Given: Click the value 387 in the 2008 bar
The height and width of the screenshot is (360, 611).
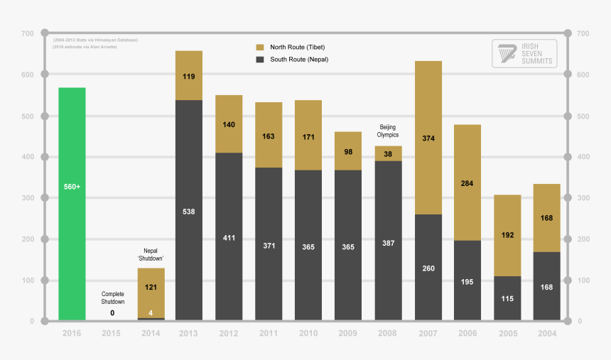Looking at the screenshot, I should coord(388,243).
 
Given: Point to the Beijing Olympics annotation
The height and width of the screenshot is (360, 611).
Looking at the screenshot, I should coord(388,131).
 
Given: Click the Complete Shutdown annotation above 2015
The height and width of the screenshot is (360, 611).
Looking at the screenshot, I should coord(112,298).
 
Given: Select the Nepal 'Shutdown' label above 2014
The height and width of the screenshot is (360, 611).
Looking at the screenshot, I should coord(151,254).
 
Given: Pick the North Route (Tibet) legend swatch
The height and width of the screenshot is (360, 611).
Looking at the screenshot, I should coord(260,47).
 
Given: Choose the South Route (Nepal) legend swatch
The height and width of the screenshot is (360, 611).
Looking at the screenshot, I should coord(260,60).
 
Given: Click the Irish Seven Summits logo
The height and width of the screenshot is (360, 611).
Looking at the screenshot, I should coord(524,53).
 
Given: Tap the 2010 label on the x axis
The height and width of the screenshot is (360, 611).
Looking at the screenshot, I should coord(308,333).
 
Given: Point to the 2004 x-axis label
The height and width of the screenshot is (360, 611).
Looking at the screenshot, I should coord(547,333).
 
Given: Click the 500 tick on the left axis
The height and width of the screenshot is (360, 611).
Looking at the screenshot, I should coord(27,116).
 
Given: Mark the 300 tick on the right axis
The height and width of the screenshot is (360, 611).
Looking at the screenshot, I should coord(583,198).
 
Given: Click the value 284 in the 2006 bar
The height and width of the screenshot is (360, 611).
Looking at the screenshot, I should coord(467,183).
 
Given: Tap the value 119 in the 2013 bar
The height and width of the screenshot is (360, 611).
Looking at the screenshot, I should coord(189,76).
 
